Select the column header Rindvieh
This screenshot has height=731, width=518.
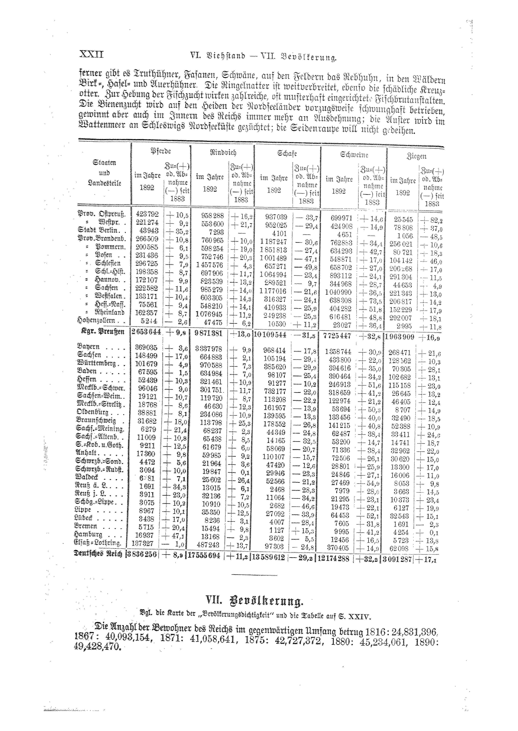point(223,152)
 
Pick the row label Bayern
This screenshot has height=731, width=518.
point(88,347)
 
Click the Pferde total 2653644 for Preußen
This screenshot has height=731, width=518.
point(146,332)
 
